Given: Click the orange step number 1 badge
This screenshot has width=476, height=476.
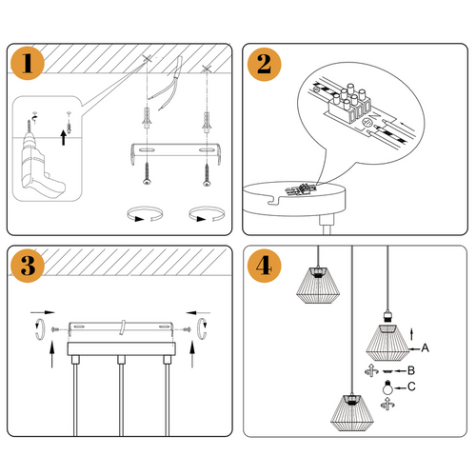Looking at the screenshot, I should coord(30,66).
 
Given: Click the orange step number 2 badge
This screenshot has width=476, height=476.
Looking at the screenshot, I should coord(262,66).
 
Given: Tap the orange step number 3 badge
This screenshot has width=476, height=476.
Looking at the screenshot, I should coord(30,266).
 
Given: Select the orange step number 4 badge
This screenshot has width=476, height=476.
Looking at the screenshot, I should coord(262,266).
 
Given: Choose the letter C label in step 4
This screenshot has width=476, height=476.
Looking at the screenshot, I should coord(412,387).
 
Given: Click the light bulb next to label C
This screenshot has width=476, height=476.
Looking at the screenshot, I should coord(387,387).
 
